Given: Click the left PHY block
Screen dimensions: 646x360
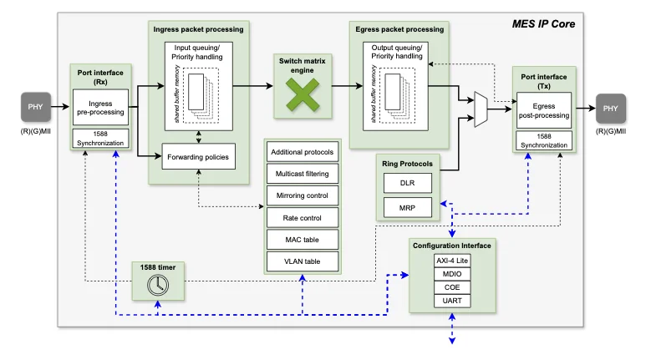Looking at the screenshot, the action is tap(36, 107).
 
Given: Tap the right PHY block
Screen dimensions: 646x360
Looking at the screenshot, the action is tap(611, 109).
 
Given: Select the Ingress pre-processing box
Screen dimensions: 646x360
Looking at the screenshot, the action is tap(100, 108).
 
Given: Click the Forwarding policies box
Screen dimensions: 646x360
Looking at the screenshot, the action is tap(199, 156).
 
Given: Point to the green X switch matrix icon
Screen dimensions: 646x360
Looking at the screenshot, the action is tap(303, 95).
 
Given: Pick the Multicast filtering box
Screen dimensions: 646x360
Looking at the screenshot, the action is tap(303, 174).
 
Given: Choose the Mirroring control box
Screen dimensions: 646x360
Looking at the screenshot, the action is tap(303, 195).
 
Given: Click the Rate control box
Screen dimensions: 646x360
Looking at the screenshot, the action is tap(303, 218).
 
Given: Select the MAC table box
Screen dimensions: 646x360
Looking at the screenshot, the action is tap(303, 240).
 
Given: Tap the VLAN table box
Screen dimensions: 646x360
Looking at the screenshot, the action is tap(303, 261).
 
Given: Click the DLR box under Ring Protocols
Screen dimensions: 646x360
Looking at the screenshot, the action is tap(408, 183).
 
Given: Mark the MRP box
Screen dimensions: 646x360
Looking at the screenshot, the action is tap(408, 208).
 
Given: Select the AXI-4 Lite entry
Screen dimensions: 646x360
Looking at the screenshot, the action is tap(452, 261).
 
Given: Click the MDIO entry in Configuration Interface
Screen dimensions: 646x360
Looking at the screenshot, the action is tap(452, 274).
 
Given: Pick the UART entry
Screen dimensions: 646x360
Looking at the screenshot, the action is tap(452, 301).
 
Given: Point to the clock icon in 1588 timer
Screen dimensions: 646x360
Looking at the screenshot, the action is tap(158, 285).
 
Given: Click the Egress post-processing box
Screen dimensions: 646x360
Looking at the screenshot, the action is tap(544, 110).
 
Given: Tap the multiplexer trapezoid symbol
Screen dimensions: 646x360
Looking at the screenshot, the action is tap(481, 109).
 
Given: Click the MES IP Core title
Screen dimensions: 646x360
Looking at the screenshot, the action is tap(543, 24).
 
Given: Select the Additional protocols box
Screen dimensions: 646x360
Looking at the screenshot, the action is tap(303, 152).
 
